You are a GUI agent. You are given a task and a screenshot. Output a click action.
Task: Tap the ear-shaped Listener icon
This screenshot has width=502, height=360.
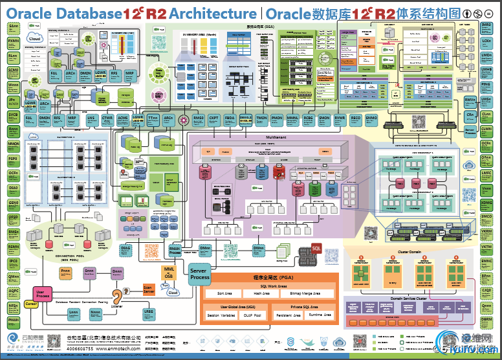pyautogui.click(x=117, y=297)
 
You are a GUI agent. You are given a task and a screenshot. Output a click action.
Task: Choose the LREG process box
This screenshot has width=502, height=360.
pyautogui.click(x=149, y=314)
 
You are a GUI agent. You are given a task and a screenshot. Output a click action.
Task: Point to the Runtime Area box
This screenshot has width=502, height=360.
pyautogui.click(x=320, y=315)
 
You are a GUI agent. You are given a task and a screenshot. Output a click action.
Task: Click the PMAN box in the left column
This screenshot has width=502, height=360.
pyautogui.click(x=13, y=320)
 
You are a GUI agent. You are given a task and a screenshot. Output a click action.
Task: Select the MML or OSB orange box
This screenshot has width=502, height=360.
pyautogui.click(x=169, y=271)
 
